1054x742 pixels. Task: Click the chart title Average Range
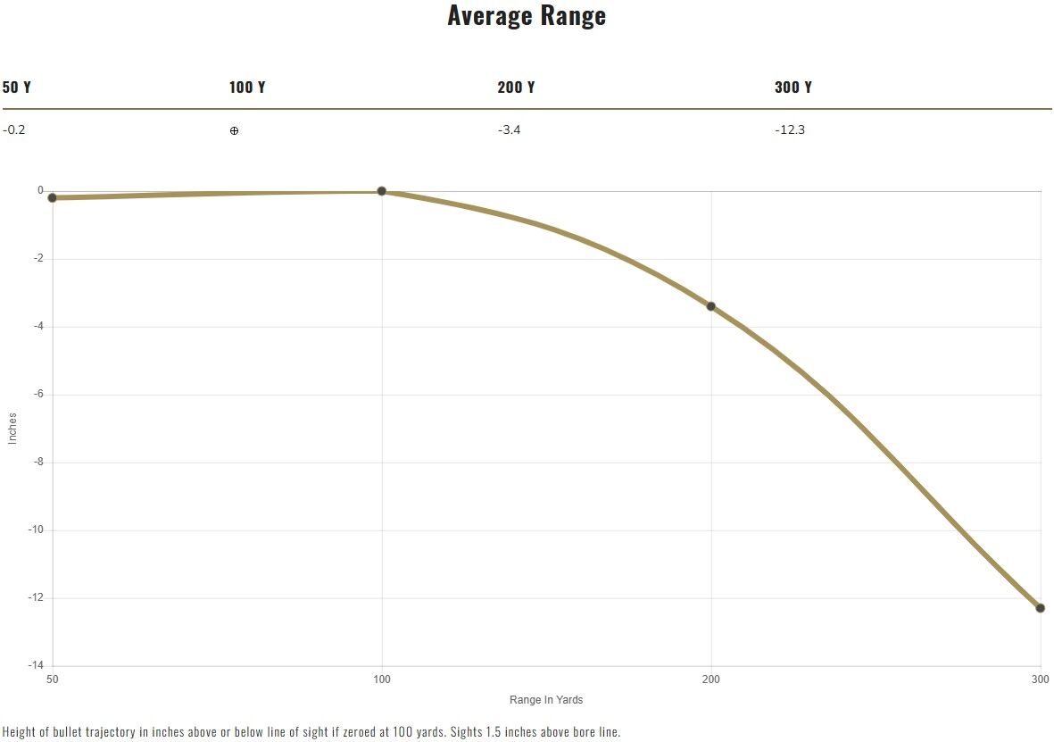pyautogui.click(x=527, y=15)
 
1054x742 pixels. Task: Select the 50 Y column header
pyautogui.click(x=17, y=88)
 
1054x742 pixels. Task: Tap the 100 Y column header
pyautogui.click(x=246, y=88)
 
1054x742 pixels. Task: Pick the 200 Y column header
pyautogui.click(x=516, y=88)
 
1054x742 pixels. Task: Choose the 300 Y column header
pyautogui.click(x=793, y=88)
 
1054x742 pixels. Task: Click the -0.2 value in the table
pyautogui.click(x=14, y=129)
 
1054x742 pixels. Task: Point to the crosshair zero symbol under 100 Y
pyautogui.click(x=234, y=130)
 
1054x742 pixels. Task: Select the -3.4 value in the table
pyautogui.click(x=510, y=129)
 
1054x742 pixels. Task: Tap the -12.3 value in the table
pyautogui.click(x=790, y=129)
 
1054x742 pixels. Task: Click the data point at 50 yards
pyautogui.click(x=53, y=197)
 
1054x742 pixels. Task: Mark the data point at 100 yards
pyautogui.click(x=382, y=191)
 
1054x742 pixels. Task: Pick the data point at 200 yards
pyautogui.click(x=710, y=307)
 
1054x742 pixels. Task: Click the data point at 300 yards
pyautogui.click(x=1040, y=608)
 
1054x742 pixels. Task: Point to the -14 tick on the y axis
pyautogui.click(x=36, y=665)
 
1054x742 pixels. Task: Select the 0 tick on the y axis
pyautogui.click(x=40, y=191)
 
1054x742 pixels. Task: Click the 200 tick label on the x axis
pyautogui.click(x=710, y=679)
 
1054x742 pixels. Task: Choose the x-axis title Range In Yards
pyautogui.click(x=546, y=700)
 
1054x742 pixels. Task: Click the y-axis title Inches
pyautogui.click(x=12, y=429)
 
